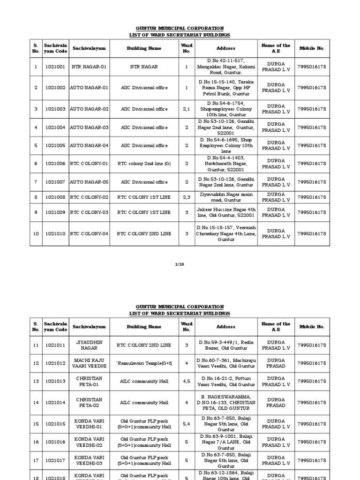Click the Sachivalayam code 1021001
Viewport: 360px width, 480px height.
tap(55, 67)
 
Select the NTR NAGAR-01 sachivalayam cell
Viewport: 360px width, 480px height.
tap(89, 67)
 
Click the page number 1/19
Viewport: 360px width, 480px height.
tap(180, 264)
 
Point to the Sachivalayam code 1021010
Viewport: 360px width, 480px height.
tap(55, 233)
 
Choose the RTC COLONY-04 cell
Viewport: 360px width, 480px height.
tap(89, 233)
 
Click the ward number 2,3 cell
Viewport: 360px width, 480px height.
tap(187, 197)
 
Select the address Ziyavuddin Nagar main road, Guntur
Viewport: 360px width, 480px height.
tap(226, 197)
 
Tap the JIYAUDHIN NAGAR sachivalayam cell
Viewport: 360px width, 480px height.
tap(89, 345)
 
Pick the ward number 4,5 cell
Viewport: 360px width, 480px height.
tap(187, 382)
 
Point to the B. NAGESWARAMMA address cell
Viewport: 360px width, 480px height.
tap(226, 402)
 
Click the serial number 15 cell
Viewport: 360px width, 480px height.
tap(35, 424)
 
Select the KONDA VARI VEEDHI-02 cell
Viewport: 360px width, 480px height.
tap(89, 442)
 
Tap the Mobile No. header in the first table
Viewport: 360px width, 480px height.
tap(311, 48)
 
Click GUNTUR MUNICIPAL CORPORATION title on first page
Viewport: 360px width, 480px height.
tap(180, 29)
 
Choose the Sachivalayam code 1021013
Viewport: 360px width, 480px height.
tap(55, 382)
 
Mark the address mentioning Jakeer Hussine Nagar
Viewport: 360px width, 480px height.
tap(226, 212)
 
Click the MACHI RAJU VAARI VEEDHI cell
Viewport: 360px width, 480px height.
tap(89, 363)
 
